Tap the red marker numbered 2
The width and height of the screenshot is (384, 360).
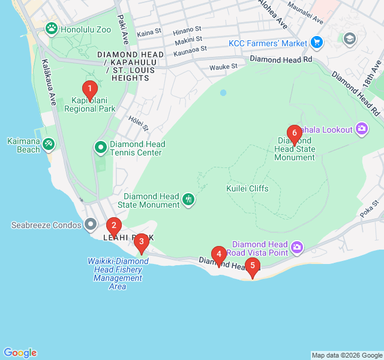[113, 226]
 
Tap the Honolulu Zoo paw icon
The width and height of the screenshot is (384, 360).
[53, 28]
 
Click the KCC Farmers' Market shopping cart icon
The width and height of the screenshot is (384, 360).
[317, 43]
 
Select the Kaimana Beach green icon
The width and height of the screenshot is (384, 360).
[49, 144]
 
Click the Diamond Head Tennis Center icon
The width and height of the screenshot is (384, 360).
[100, 147]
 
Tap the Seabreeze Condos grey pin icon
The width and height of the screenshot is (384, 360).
[91, 224]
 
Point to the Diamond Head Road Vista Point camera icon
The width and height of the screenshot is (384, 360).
[296, 247]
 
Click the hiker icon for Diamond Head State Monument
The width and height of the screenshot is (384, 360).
[188, 199]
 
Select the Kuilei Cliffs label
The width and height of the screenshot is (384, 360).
[247, 188]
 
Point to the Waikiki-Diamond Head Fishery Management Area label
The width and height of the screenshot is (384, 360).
[118, 274]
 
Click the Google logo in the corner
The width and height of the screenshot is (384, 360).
[20, 353]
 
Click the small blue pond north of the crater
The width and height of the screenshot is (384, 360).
[223, 92]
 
